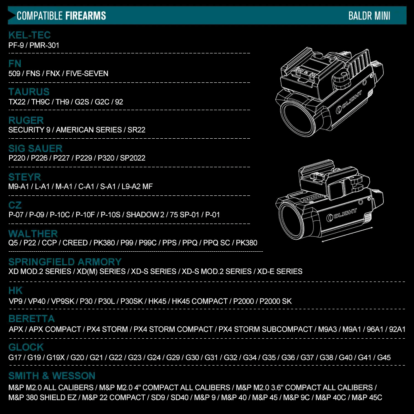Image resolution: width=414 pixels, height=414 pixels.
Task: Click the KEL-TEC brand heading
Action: pos(29,35)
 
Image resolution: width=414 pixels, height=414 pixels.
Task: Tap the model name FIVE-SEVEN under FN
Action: pos(87,73)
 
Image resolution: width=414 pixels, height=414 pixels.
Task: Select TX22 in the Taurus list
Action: pos(17,102)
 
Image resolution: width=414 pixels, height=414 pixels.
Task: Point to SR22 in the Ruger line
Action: pos(136,130)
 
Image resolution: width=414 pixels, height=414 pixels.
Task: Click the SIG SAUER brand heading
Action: pos(35,148)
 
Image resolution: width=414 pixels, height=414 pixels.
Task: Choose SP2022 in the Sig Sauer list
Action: pos(132,158)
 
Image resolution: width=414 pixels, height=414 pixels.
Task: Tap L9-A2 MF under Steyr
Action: pos(137,186)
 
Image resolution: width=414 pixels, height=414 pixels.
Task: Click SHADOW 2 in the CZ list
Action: pos(145,214)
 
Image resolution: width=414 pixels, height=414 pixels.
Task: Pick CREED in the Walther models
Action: pos(75,243)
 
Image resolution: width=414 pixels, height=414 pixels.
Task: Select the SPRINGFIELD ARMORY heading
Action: pos(65,262)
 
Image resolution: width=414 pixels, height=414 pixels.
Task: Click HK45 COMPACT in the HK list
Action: pos(200,301)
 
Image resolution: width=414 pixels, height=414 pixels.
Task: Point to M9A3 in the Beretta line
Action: pos(327,330)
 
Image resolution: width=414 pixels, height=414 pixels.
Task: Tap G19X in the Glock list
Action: pos(55,358)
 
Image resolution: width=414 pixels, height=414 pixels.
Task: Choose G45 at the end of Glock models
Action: pos(384,358)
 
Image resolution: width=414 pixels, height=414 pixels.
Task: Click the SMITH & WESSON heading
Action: pos(52,376)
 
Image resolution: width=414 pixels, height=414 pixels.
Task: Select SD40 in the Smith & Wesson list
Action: pos(180,397)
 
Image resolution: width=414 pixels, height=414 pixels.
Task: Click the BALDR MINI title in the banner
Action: pos(369,16)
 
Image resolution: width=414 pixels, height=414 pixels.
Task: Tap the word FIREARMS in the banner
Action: pos(86,16)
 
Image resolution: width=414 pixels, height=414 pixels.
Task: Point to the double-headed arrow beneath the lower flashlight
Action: pos(347,234)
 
